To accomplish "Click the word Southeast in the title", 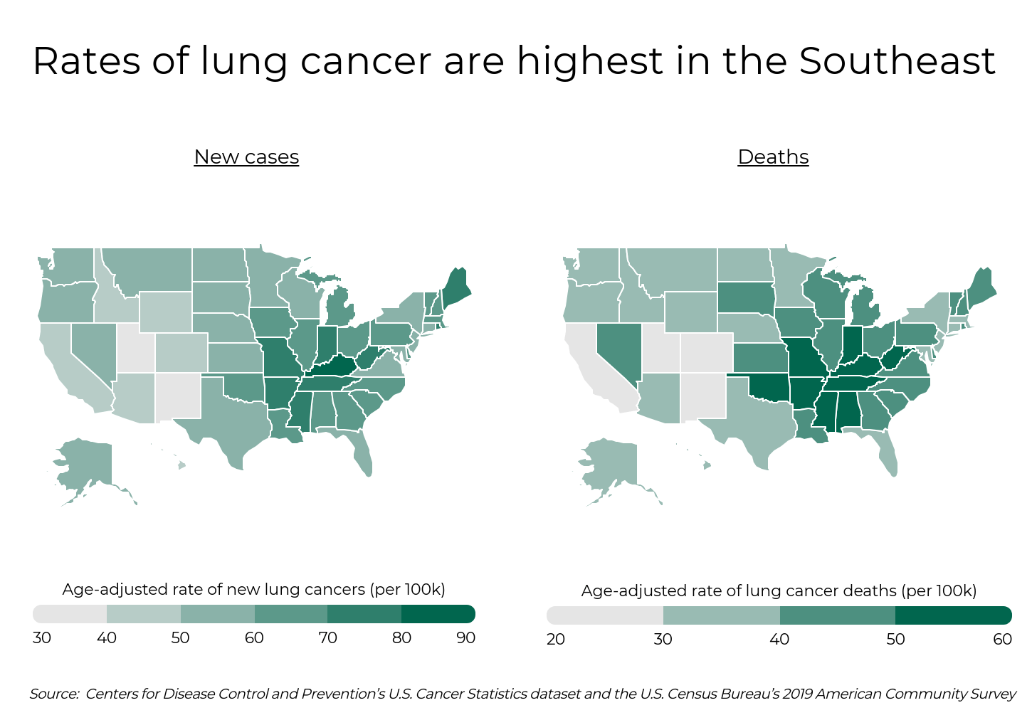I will click(x=897, y=61).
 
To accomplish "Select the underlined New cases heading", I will click(x=246, y=157).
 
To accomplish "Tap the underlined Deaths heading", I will click(x=773, y=157).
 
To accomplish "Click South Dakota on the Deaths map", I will click(x=745, y=297).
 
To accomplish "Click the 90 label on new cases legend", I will click(x=465, y=637).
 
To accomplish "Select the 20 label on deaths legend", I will click(x=555, y=639).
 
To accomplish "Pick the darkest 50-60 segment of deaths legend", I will click(x=952, y=615).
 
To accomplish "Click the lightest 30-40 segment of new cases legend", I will click(x=70, y=614).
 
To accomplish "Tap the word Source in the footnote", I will click(x=54, y=694).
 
